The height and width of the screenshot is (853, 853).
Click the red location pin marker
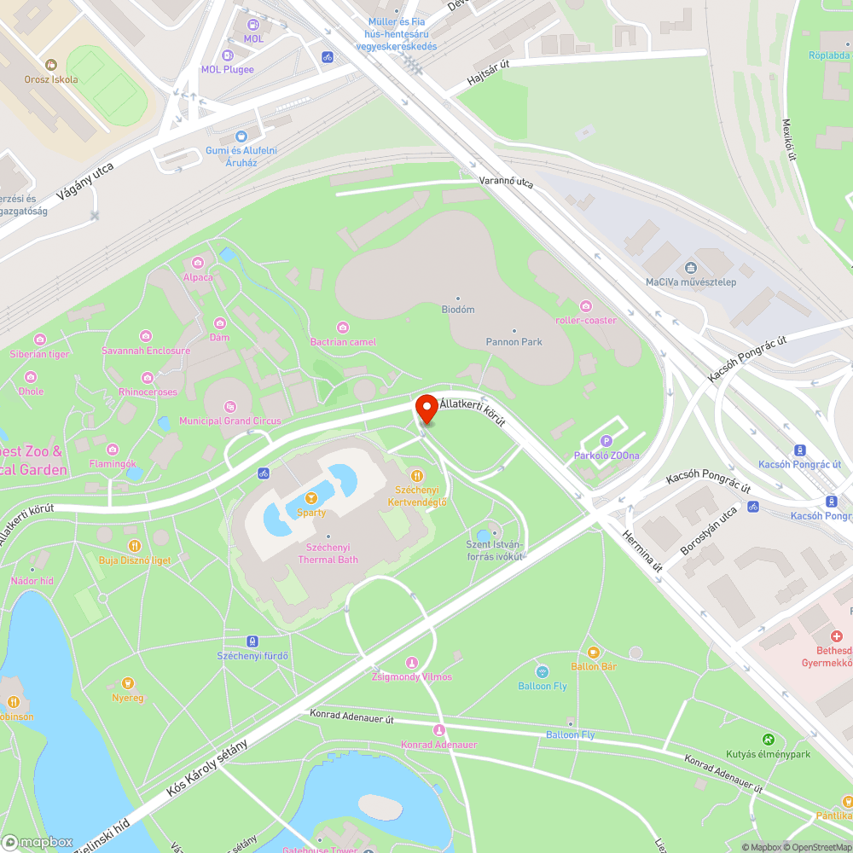click(426, 409)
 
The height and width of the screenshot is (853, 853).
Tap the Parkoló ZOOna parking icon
click(606, 440)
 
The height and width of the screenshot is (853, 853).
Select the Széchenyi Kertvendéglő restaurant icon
click(417, 476)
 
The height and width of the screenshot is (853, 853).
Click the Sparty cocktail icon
click(311, 498)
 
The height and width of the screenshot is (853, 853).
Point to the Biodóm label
click(458, 309)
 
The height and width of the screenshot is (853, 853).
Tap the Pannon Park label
click(514, 341)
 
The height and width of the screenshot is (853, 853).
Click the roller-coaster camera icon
click(585, 306)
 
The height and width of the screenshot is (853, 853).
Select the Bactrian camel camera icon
click(343, 328)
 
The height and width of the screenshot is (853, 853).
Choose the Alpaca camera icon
click(199, 263)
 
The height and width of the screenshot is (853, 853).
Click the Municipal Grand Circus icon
click(229, 407)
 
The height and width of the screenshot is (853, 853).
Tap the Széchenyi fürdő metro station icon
click(252, 641)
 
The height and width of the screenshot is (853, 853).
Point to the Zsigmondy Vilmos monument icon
click(412, 663)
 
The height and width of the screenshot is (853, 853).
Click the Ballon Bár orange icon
click(594, 653)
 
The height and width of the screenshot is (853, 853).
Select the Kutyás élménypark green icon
click(769, 740)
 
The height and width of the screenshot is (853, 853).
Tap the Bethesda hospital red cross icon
click(837, 636)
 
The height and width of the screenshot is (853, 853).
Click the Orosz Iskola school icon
click(51, 65)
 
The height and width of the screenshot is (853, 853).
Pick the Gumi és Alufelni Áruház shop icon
click(241, 136)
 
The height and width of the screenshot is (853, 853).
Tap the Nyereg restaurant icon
click(128, 682)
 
